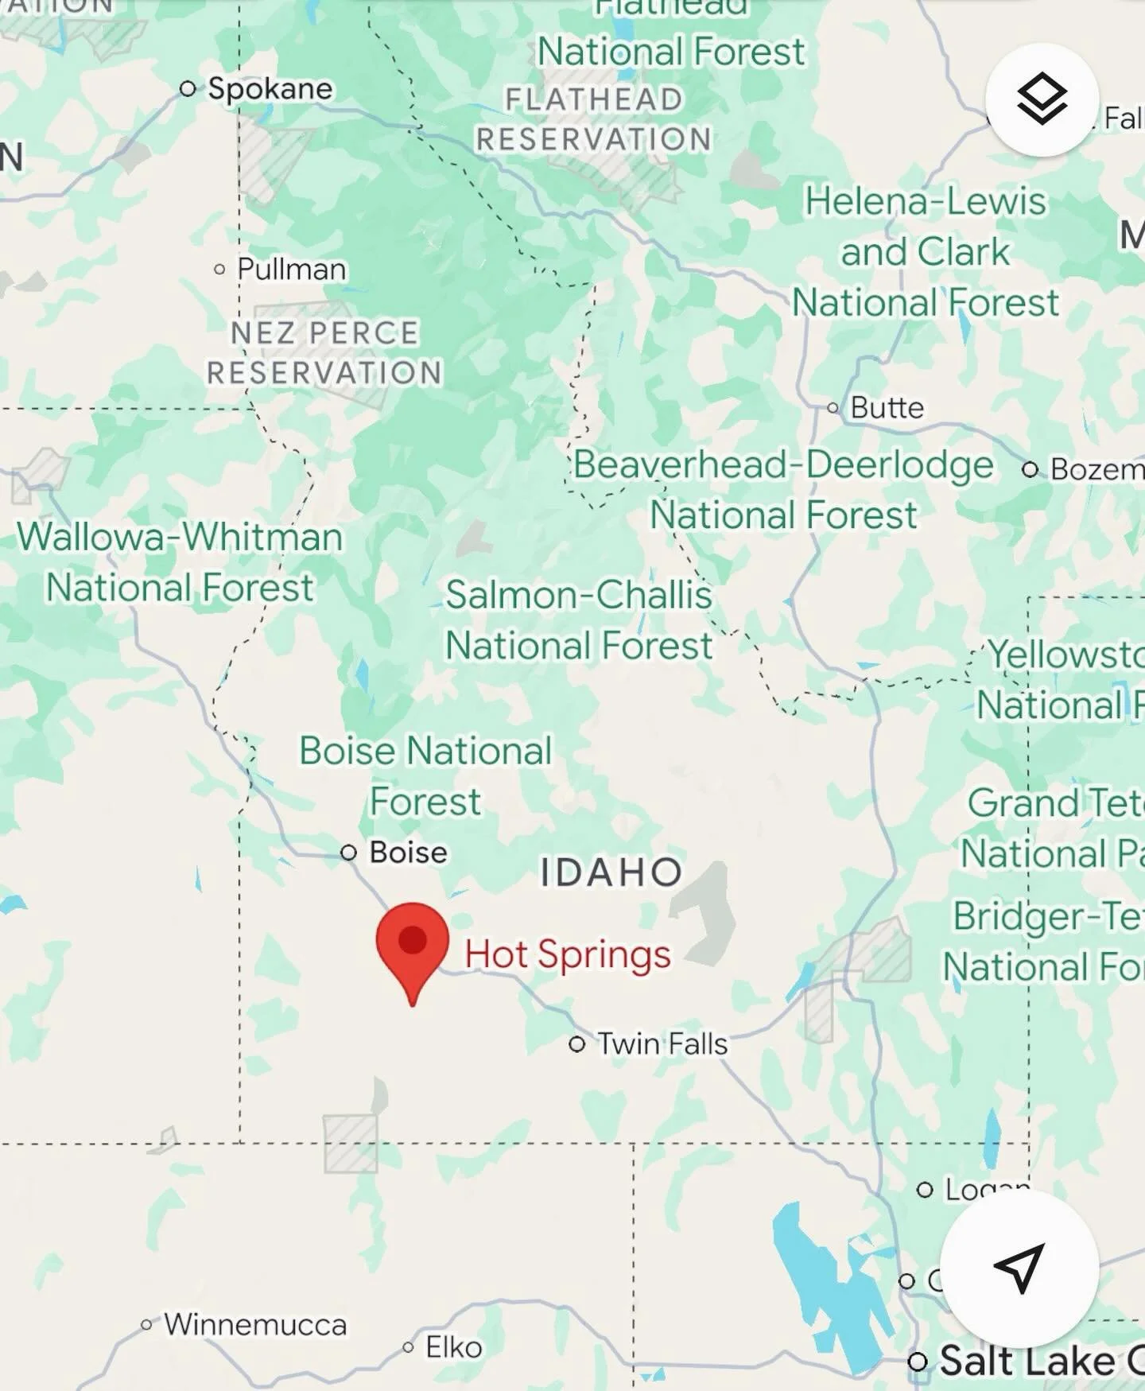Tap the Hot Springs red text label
pyautogui.click(x=567, y=954)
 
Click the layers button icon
pyautogui.click(x=1042, y=99)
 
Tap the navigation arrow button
pyautogui.click(x=1019, y=1268)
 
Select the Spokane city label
pyautogui.click(x=270, y=88)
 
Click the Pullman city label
pyautogui.click(x=291, y=269)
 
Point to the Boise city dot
pyautogui.click(x=348, y=853)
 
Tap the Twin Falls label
pyautogui.click(x=662, y=1043)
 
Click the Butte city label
pyautogui.click(x=887, y=407)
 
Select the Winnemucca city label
pyautogui.click(x=255, y=1324)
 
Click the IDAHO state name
pyautogui.click(x=611, y=872)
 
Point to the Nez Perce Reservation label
pyautogui.click(x=324, y=352)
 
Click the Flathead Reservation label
pyautogui.click(x=593, y=119)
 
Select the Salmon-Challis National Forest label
pyautogui.click(x=579, y=620)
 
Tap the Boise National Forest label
pyautogui.click(x=425, y=775)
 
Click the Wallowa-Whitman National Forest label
pyautogui.click(x=180, y=562)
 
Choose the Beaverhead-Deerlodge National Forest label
pyautogui.click(x=783, y=489)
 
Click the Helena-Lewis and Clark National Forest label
pyautogui.click(x=926, y=251)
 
